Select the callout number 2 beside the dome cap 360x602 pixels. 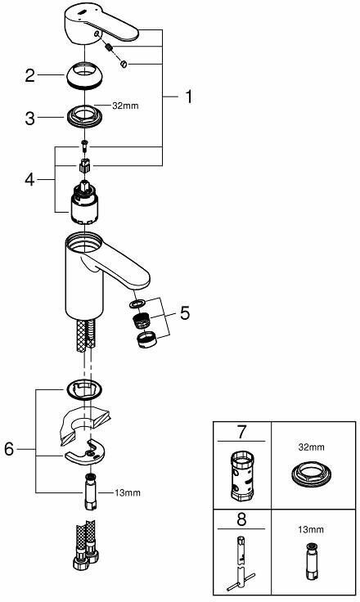(29, 76)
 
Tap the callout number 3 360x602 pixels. (29, 118)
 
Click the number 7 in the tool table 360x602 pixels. (241, 431)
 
